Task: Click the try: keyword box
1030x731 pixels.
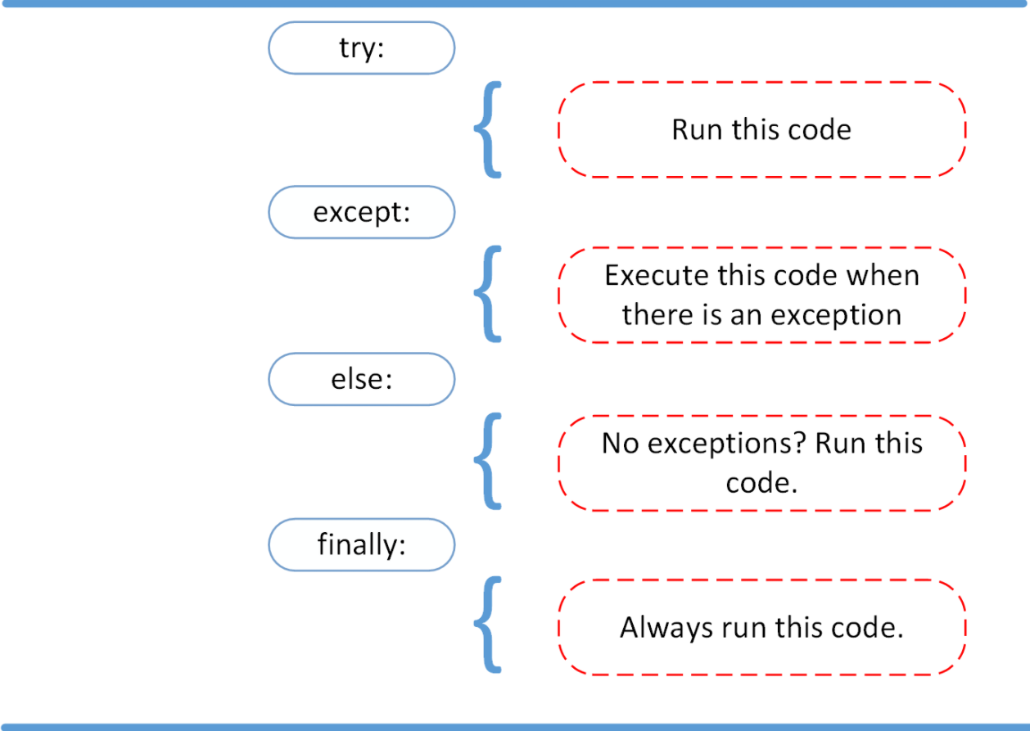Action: (361, 47)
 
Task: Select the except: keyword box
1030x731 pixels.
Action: (361, 212)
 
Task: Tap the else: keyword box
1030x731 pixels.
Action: (361, 379)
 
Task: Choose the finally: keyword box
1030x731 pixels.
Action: (361, 544)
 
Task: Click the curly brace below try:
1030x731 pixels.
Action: (487, 129)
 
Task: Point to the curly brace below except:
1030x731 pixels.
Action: (487, 294)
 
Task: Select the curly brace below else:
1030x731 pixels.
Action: (487, 461)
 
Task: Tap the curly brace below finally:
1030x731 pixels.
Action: (487, 626)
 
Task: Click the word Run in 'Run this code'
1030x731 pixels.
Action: (693, 129)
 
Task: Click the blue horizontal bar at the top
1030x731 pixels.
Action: (515, 3)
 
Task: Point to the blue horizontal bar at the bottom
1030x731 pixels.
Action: (515, 726)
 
